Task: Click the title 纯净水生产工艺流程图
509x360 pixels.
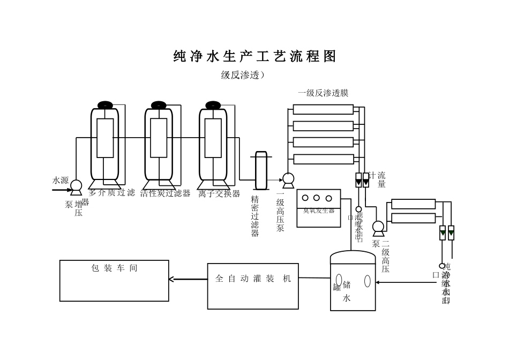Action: [254, 57]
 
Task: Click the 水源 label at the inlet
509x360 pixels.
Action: [61, 181]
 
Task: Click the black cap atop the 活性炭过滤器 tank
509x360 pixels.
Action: [159, 105]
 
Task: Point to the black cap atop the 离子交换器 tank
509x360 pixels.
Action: [213, 105]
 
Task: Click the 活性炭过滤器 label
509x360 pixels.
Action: [165, 193]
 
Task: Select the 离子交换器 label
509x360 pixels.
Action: [219, 193]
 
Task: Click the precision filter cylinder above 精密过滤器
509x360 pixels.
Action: [261, 170]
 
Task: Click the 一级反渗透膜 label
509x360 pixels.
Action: [323, 93]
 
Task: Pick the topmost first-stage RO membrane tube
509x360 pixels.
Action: [323, 110]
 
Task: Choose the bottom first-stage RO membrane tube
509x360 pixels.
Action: [323, 159]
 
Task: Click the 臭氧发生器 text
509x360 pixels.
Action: [318, 211]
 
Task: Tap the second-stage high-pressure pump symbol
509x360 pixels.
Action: [378, 227]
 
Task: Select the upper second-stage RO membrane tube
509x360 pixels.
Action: [413, 204]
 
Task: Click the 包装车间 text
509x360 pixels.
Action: [114, 268]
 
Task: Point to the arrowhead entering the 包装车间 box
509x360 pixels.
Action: [171, 279]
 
